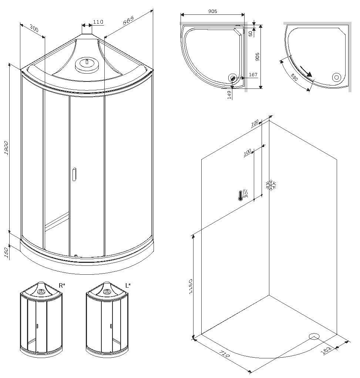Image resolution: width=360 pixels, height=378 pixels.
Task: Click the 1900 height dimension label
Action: (x=7, y=148)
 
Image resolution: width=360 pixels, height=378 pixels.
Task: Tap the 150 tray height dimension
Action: (x=7, y=253)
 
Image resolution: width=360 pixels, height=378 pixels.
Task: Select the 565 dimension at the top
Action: (x=128, y=20)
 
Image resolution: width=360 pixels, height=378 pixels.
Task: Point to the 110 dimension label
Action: (x=98, y=22)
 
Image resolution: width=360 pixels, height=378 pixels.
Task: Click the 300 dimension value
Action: (x=34, y=29)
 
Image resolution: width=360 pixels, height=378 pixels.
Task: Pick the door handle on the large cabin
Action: (x=74, y=174)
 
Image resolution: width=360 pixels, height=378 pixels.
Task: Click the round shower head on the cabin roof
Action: (x=87, y=64)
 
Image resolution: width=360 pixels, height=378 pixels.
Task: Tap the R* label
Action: (x=62, y=286)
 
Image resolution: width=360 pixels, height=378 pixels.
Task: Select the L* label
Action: (x=128, y=286)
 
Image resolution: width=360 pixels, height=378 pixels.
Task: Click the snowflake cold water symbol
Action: (x=271, y=185)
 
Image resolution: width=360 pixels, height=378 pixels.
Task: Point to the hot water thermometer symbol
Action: (x=243, y=195)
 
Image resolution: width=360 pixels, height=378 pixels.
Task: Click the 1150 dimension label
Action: (x=191, y=287)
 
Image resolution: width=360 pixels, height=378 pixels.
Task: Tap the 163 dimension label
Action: (x=326, y=350)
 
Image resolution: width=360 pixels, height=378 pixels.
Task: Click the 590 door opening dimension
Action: (x=294, y=77)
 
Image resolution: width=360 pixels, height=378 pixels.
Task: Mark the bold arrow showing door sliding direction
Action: (x=306, y=71)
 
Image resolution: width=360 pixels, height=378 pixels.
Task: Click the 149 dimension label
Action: (x=229, y=95)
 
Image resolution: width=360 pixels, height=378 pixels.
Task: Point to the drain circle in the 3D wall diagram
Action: (x=314, y=336)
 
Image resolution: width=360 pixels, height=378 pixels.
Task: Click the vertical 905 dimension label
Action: (x=258, y=57)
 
